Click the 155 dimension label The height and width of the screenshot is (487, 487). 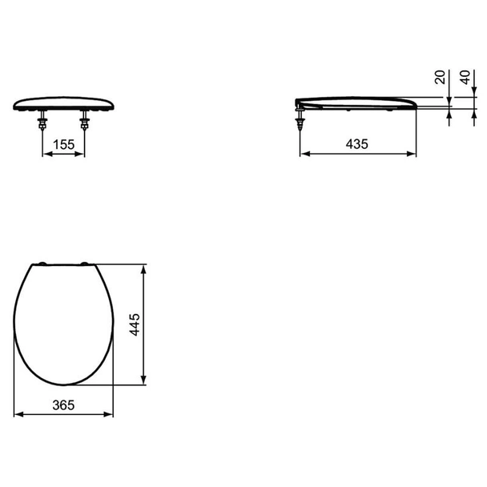point(63,144)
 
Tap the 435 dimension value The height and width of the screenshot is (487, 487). point(357,144)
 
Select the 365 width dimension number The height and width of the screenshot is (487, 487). point(63,405)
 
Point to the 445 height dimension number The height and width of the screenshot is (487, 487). point(135,324)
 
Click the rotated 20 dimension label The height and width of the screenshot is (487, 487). point(440,77)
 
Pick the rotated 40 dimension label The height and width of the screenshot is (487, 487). point(465,77)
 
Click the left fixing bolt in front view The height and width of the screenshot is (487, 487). point(42,120)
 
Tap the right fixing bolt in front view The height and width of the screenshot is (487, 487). point(84,120)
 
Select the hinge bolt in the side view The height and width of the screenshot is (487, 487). point(300,119)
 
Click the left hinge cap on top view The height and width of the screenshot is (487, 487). point(42,264)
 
